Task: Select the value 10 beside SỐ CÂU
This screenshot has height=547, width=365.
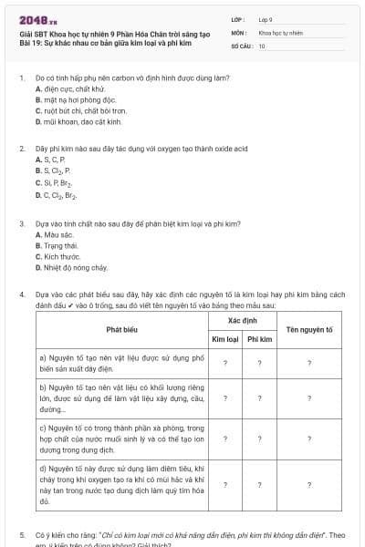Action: tap(262, 45)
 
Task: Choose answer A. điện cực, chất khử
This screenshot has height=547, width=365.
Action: tap(70, 88)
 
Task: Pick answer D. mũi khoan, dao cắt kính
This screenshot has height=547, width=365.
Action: tap(78, 120)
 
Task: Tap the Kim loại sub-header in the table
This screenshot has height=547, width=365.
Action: tap(224, 338)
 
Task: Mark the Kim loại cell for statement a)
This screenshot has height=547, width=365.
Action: tap(224, 364)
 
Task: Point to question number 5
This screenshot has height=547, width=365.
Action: tap(22, 534)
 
